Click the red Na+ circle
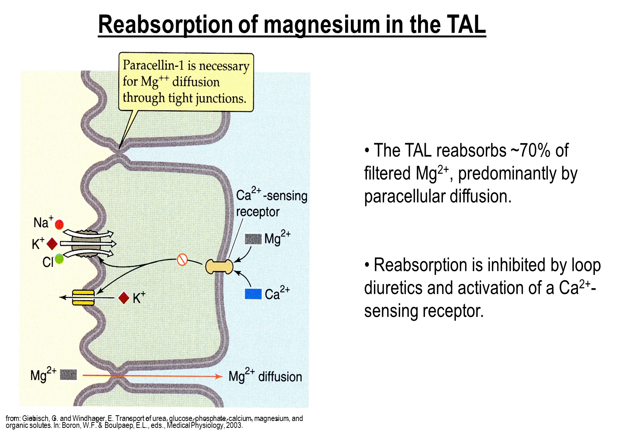click(x=59, y=224)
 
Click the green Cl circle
click(x=59, y=259)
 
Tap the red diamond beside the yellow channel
click(x=124, y=298)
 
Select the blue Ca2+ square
click(x=253, y=294)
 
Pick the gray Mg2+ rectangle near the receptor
click(x=253, y=239)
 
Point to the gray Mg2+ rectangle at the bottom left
click(x=68, y=374)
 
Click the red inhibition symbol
click(x=182, y=260)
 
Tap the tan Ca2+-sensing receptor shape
click(x=219, y=266)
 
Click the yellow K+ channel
click(x=83, y=298)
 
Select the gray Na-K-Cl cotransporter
click(x=86, y=244)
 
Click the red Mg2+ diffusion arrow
click(x=153, y=376)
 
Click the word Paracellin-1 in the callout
click(x=153, y=65)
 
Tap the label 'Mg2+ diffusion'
click(x=265, y=376)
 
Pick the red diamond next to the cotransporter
click(x=52, y=244)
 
